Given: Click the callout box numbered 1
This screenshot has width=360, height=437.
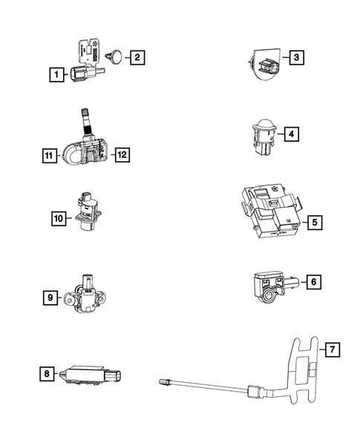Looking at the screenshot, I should tap(55, 73).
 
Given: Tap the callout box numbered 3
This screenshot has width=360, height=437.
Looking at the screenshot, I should tap(295, 58).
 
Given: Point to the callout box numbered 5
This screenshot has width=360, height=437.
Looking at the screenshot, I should tap(314, 221).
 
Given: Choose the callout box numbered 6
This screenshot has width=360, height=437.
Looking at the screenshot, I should tap(314, 282).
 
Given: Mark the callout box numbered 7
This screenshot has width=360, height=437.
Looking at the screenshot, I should tap(332, 347).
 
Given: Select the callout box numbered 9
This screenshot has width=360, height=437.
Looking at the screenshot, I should tap(50, 298).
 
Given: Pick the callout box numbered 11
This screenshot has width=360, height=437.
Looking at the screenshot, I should tap(50, 155).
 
